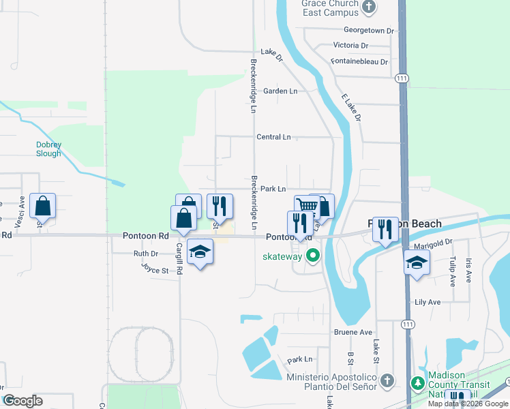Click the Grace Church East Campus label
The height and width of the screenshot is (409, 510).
[x=330, y=7]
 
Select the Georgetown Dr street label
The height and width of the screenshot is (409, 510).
[x=369, y=31]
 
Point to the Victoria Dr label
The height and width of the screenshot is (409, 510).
[x=351, y=46]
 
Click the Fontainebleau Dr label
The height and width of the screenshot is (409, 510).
[x=359, y=61]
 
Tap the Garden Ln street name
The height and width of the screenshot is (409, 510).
[x=280, y=91]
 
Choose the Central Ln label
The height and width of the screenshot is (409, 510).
[x=273, y=137]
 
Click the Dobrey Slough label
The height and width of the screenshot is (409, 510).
[x=48, y=149]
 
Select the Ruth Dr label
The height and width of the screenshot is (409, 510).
[x=146, y=254]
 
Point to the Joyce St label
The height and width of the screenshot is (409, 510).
[x=155, y=271]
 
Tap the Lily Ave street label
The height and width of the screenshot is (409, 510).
[x=428, y=301]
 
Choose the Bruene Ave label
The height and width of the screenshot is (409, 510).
[x=353, y=333]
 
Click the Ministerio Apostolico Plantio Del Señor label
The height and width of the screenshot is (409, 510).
[x=331, y=382]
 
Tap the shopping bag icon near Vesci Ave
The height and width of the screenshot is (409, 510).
[x=42, y=206]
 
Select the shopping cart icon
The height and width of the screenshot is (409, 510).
[x=307, y=206]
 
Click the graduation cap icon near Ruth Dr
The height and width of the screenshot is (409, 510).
[x=200, y=252]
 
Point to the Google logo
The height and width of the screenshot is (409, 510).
[x=22, y=401]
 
